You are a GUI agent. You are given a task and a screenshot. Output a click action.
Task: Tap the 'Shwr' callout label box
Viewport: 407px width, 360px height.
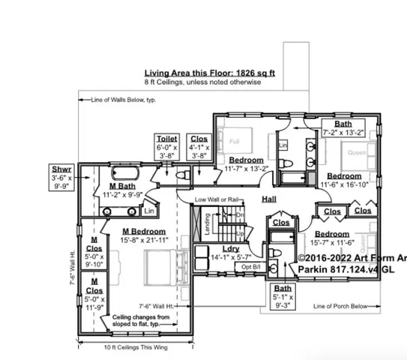tap(61, 178)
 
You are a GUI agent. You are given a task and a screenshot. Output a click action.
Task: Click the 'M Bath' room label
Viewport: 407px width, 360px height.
tap(121, 186)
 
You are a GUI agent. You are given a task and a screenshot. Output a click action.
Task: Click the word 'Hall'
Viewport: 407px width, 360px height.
tap(269, 199)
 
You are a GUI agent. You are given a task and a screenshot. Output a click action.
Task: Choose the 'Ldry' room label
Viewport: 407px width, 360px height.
tap(230, 249)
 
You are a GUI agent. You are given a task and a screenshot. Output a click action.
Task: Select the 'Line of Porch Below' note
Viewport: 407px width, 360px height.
tap(341, 306)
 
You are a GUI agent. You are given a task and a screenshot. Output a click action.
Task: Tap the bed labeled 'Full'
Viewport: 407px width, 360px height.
tap(234, 141)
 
